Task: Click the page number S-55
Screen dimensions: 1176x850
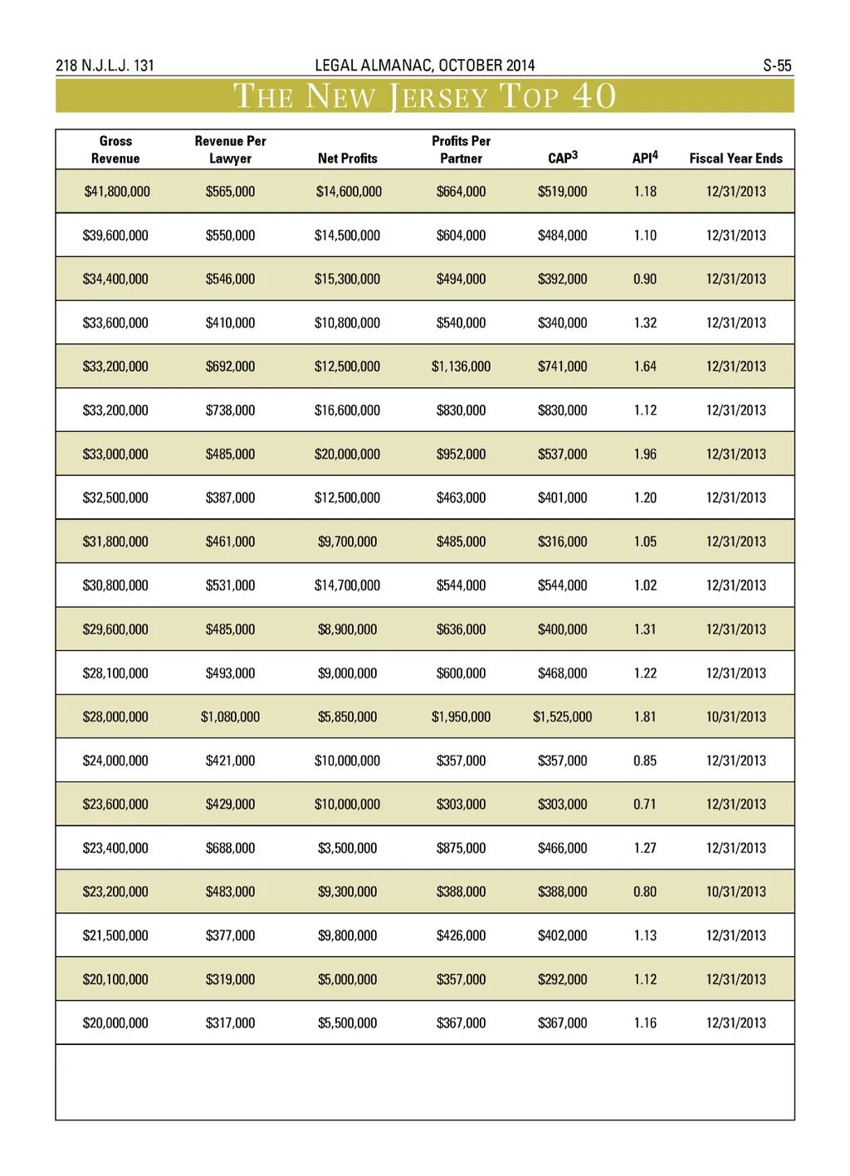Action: tap(777, 66)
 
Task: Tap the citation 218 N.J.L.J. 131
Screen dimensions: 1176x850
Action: tap(105, 66)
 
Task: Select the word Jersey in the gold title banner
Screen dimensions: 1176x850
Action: tap(439, 97)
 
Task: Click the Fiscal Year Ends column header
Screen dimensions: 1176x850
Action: tap(735, 158)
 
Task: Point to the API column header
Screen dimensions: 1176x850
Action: tap(645, 158)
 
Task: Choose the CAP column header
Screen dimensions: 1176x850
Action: tap(562, 158)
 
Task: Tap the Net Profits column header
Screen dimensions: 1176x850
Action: tap(347, 158)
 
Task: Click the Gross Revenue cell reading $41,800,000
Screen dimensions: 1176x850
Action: tap(117, 192)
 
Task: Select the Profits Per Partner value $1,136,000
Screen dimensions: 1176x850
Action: tap(461, 367)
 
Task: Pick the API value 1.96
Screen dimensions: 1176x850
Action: tap(645, 454)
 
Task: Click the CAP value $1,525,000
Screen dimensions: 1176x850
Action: tap(562, 717)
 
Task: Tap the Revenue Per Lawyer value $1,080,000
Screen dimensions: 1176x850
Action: tap(230, 717)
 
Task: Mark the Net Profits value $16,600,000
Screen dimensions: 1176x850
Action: tap(347, 411)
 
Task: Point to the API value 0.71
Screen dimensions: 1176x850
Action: tap(645, 804)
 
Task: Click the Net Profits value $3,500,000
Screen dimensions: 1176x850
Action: tap(347, 848)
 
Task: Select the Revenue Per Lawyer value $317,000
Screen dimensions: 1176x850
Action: tap(230, 1023)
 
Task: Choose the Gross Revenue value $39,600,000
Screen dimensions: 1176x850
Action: tap(115, 236)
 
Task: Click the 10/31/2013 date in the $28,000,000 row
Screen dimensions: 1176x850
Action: tap(735, 717)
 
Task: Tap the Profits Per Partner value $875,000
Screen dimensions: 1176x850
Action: tap(461, 848)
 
